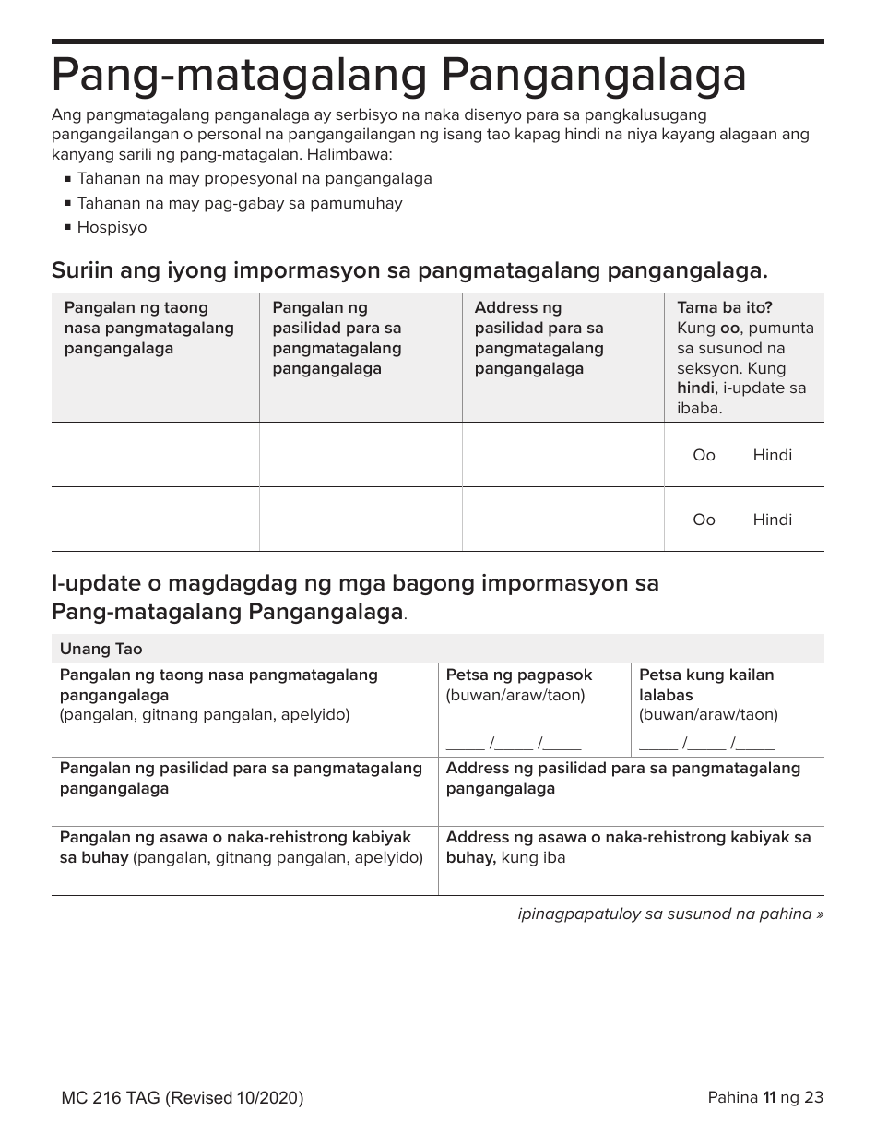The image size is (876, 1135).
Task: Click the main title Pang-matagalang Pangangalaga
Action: coord(398,76)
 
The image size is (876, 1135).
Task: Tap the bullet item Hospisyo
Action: coord(112,227)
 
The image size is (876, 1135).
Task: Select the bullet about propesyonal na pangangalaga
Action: coord(255,178)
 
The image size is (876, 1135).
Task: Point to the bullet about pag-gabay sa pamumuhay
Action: coord(240,203)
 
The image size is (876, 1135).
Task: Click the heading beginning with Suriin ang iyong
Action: coord(409,270)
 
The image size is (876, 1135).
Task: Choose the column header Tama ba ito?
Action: coord(725,307)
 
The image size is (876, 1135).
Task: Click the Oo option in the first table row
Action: coord(704,455)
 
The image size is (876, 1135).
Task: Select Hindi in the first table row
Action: coord(772,455)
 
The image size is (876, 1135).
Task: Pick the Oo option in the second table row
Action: coord(704,520)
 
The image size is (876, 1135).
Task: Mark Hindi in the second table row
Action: coord(772,520)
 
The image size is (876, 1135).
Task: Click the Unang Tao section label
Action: coord(101,649)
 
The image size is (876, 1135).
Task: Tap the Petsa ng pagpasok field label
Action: coord(519,675)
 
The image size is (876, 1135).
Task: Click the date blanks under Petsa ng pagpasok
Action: coord(514,743)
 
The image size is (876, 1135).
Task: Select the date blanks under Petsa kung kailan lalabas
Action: coord(706,743)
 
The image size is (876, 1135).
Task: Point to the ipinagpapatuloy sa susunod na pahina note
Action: coord(670,914)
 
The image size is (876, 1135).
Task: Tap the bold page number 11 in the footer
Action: coord(767,1097)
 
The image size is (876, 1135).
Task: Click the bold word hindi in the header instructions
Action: coord(695,388)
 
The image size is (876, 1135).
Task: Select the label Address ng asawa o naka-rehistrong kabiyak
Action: coord(628,837)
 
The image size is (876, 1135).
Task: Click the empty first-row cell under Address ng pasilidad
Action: coord(562,455)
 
